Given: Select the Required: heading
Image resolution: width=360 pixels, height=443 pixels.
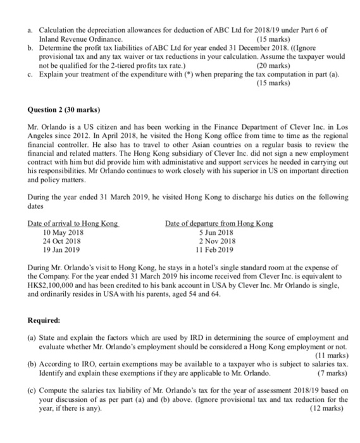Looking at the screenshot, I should point(44,320).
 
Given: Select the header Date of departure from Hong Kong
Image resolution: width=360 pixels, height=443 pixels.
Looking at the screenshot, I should point(219,223).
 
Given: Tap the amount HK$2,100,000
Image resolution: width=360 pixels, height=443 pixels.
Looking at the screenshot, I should point(55,286).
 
